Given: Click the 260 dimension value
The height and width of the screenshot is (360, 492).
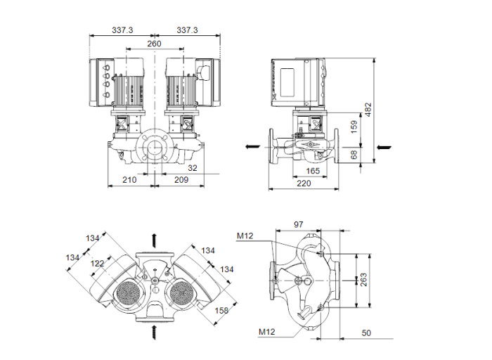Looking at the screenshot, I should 155,44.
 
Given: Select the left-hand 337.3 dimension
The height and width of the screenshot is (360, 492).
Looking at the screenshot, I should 123,31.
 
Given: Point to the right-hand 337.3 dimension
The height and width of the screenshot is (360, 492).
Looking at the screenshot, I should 187,31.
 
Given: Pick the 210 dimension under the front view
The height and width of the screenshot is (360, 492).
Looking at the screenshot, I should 129,180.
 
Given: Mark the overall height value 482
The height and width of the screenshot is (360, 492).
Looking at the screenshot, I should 368,109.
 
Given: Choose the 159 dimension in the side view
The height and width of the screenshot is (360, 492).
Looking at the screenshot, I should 354,127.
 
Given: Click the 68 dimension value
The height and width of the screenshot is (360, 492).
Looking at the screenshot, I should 354,154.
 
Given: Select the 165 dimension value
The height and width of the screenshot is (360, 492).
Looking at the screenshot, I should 313,171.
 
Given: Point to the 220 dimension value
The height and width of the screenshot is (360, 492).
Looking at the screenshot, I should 303,184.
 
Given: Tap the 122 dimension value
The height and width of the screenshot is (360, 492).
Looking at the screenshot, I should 97,262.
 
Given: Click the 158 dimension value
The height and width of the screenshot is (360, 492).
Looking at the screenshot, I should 221,310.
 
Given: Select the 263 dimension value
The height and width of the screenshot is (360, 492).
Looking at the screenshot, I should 364,279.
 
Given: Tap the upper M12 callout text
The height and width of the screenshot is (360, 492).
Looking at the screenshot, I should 245,236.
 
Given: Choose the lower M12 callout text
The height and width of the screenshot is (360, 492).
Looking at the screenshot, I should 267,331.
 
